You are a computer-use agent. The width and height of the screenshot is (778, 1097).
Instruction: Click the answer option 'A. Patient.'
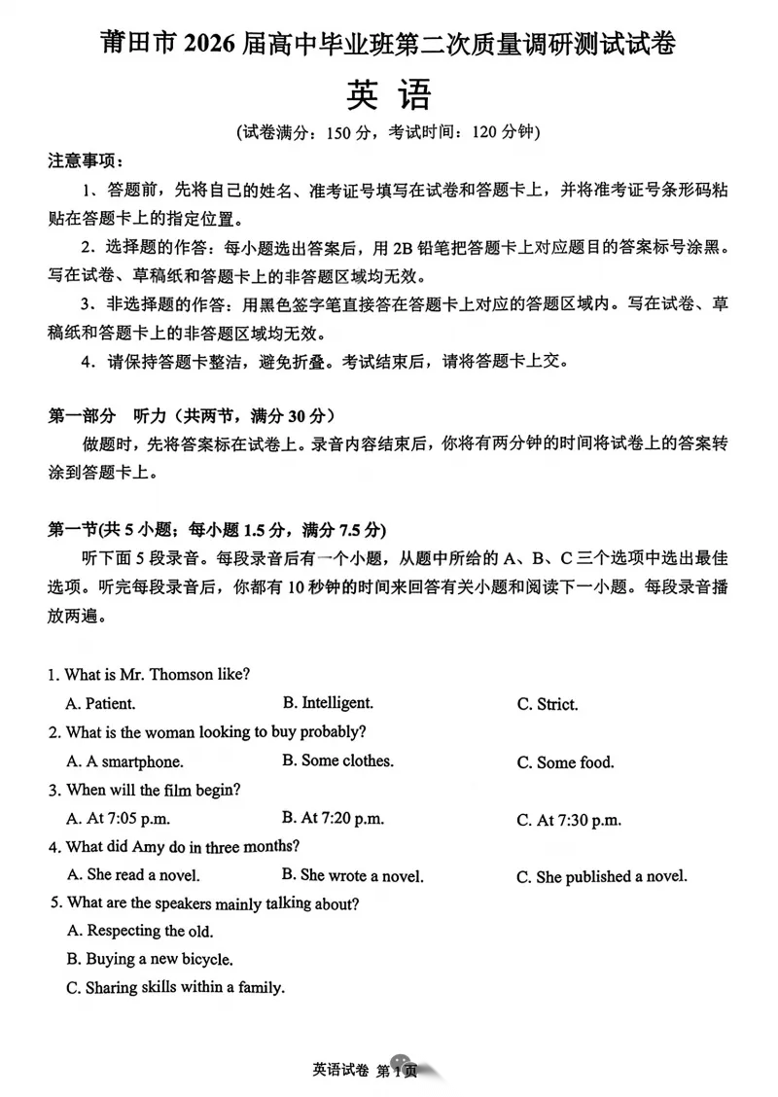click(100, 703)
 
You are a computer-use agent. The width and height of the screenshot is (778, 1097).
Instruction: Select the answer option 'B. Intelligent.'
click(328, 702)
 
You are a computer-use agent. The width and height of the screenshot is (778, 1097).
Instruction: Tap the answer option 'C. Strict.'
click(548, 704)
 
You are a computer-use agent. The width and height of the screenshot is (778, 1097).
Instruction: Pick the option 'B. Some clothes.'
click(337, 761)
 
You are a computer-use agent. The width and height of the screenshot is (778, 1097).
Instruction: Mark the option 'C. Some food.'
click(565, 762)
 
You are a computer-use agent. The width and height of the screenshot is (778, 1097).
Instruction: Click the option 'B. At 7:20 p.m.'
click(333, 818)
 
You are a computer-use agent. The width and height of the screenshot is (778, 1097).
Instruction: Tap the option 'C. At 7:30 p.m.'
click(569, 820)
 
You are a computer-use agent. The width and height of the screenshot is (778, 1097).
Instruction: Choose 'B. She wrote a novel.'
click(352, 875)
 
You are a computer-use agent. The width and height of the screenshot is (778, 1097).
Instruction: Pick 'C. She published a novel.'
click(602, 876)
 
